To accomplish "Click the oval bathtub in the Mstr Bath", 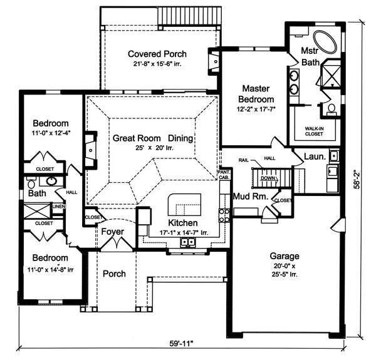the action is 325,42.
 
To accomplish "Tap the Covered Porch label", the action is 157,54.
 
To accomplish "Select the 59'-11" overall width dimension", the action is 181,344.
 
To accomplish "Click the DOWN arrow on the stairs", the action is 269,178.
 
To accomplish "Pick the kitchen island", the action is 184,205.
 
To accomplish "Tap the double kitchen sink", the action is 188,242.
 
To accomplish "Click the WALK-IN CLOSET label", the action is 314,131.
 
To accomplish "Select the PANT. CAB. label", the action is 224,175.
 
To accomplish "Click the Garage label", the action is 285,256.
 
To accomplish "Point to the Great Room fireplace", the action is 91,150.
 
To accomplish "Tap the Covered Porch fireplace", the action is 214,61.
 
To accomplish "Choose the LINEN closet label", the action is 59,206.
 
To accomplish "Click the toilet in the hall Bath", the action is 31,183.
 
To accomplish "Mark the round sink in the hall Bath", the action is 51,181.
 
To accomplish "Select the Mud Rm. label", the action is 251,197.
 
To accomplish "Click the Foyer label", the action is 112,232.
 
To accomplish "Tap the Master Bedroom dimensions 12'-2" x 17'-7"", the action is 256,109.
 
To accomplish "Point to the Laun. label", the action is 315,157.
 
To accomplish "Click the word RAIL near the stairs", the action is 243,160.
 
